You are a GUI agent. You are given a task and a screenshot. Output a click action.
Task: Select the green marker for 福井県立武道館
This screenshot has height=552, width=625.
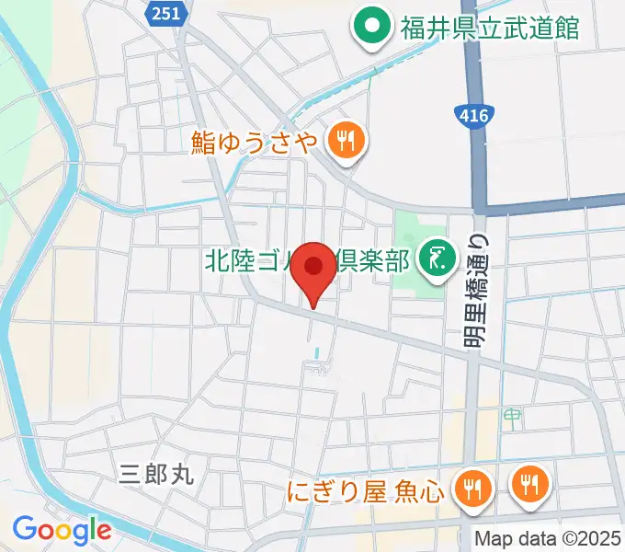pos(373,27)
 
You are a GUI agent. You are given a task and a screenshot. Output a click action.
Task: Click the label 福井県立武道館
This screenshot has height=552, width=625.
pos(489,28)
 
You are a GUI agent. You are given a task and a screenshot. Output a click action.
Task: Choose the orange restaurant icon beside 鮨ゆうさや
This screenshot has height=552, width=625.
pos(347,140)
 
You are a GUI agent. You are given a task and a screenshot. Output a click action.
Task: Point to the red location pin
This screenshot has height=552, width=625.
pos(313,268)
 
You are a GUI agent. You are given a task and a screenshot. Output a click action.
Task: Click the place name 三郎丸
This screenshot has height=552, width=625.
pos(156,474)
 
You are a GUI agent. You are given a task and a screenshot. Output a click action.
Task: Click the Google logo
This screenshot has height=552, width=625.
pos(61,529)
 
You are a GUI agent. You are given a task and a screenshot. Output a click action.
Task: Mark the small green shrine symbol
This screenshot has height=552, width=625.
pos(510,419)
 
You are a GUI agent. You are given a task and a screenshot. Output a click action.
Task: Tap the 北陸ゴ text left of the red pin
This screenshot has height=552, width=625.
pos(244,260)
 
